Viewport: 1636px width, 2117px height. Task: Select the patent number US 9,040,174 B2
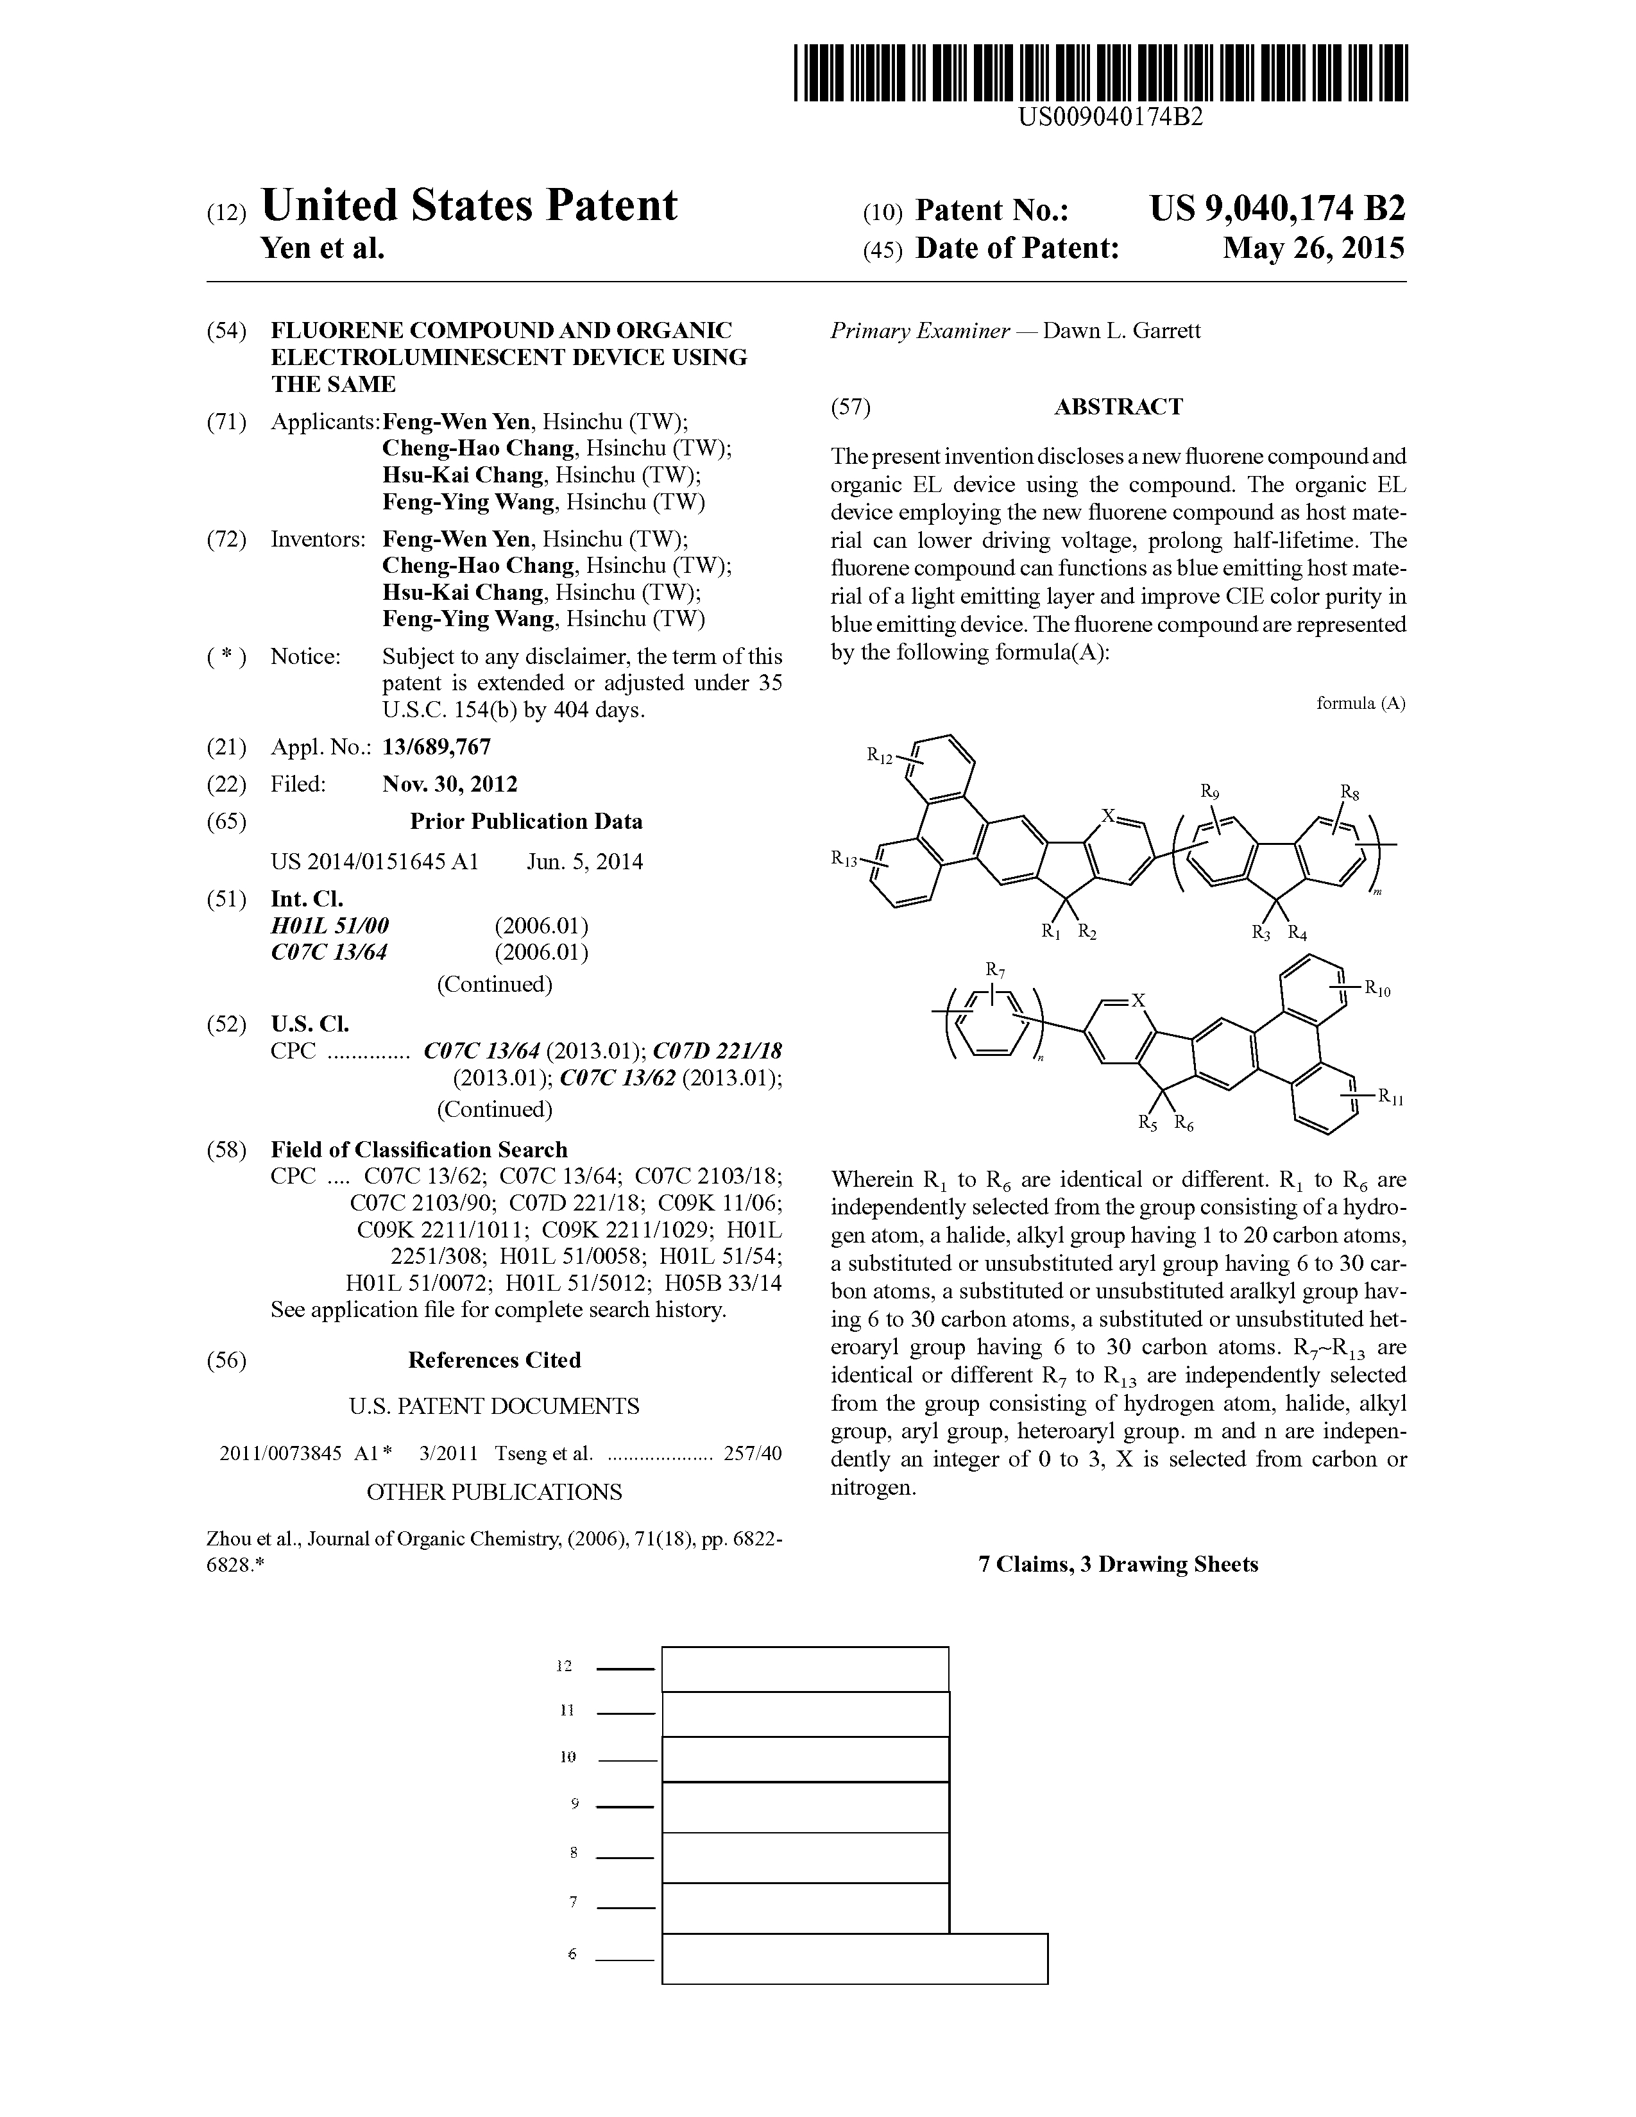click(x=1277, y=209)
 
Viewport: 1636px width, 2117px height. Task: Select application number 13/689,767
click(x=436, y=747)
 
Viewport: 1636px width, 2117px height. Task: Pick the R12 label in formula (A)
click(x=879, y=754)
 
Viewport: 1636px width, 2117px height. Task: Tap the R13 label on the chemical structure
click(x=843, y=857)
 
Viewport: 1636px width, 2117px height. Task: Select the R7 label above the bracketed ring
click(x=994, y=969)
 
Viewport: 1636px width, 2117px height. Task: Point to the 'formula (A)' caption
click(x=1359, y=704)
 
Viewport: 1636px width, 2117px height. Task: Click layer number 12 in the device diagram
click(x=564, y=1666)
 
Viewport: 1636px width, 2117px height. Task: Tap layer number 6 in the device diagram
click(x=572, y=1955)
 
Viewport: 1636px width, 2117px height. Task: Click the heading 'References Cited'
click(x=494, y=1361)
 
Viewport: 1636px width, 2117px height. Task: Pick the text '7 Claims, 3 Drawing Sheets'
click(x=1118, y=1565)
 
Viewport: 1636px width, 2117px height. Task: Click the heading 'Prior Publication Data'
click(x=525, y=822)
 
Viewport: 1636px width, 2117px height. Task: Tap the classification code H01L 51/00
click(x=330, y=926)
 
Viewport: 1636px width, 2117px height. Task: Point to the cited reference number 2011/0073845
click(x=281, y=1454)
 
